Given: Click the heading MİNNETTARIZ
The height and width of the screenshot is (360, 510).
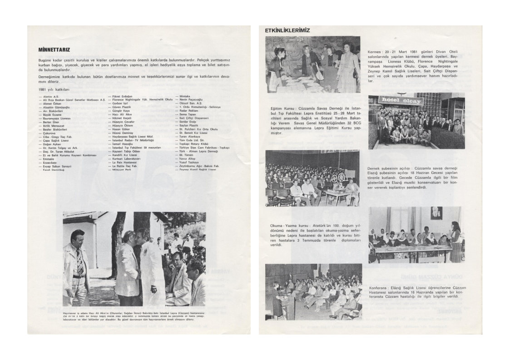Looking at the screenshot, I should tap(54, 50).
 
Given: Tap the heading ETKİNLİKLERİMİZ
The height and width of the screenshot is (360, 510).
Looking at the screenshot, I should tap(287, 30).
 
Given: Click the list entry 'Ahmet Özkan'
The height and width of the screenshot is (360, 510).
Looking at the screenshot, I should tap(52, 103).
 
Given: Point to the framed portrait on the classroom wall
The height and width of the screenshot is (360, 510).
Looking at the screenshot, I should tap(436, 212).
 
